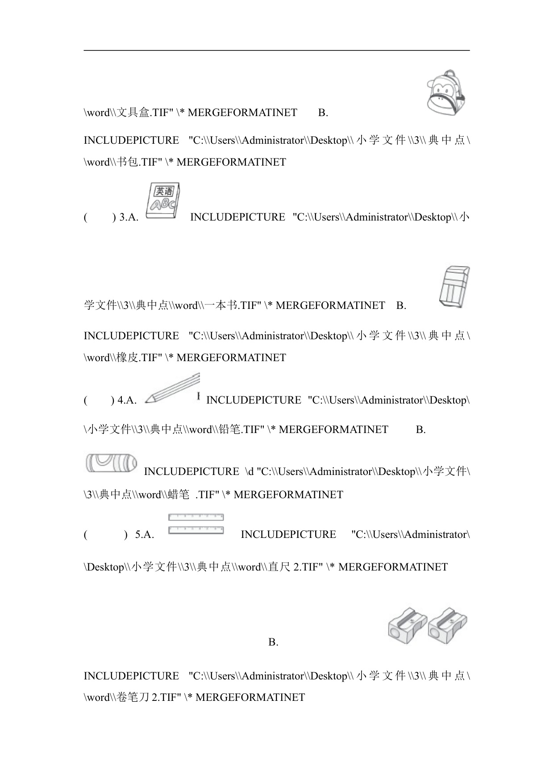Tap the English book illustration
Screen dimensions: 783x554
click(163, 200)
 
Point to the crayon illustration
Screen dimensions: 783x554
click(111, 463)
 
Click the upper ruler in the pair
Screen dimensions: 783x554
click(196, 517)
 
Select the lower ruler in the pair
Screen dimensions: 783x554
click(196, 530)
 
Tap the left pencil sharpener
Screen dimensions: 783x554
click(407, 625)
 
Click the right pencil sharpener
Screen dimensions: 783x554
click(447, 625)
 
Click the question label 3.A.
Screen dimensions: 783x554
click(129, 217)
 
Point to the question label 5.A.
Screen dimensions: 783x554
click(144, 535)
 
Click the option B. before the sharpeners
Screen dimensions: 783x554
click(273, 642)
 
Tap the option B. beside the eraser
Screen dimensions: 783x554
click(401, 306)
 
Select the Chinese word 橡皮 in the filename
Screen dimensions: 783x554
click(127, 358)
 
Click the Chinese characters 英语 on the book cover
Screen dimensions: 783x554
click(164, 192)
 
